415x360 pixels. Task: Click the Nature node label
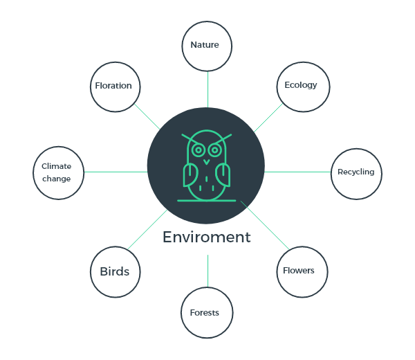pos(205,45)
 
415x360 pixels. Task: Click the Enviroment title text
pos(206,237)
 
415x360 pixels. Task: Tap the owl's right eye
pos(215,150)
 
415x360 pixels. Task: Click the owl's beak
pos(206,162)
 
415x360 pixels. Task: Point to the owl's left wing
pos(190,175)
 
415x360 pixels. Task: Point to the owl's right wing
pos(223,175)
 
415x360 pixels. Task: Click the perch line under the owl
pos(206,201)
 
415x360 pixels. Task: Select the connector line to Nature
pos(207,89)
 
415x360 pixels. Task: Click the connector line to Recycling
pos(297,172)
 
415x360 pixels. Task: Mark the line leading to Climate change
pos(116,172)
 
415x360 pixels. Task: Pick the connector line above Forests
pos(207,271)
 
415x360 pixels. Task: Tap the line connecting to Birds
pos(147,229)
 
